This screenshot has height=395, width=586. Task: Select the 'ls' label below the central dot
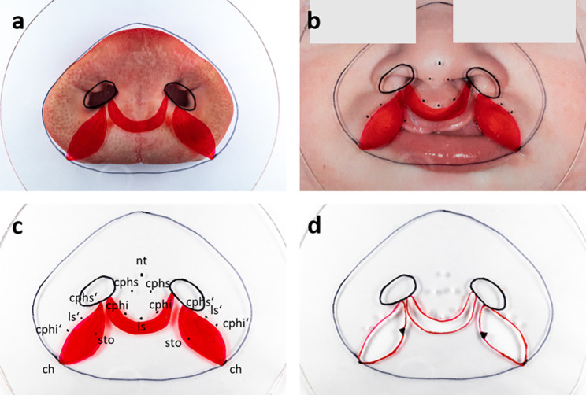pos(142,325)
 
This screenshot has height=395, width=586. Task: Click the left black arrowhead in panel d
pos(401,334)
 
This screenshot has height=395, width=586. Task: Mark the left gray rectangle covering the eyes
pos(362,20)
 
